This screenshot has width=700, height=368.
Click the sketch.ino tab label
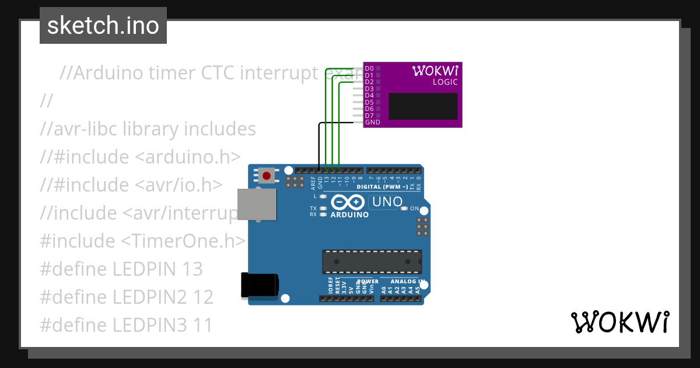tap(103, 26)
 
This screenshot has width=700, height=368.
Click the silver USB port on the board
tap(257, 204)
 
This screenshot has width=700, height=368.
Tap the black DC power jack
tap(259, 286)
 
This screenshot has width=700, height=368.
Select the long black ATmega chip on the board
tap(372, 261)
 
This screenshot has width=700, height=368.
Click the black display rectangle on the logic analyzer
tap(423, 106)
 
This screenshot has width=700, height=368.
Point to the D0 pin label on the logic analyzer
tap(369, 68)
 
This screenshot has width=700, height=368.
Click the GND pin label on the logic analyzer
tap(372, 122)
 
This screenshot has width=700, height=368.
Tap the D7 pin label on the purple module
tap(369, 116)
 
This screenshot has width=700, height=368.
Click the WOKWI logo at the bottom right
tap(619, 322)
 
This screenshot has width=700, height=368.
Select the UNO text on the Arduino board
tap(387, 202)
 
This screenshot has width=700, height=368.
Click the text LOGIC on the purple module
tap(445, 82)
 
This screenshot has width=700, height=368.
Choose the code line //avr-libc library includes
tap(148, 129)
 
